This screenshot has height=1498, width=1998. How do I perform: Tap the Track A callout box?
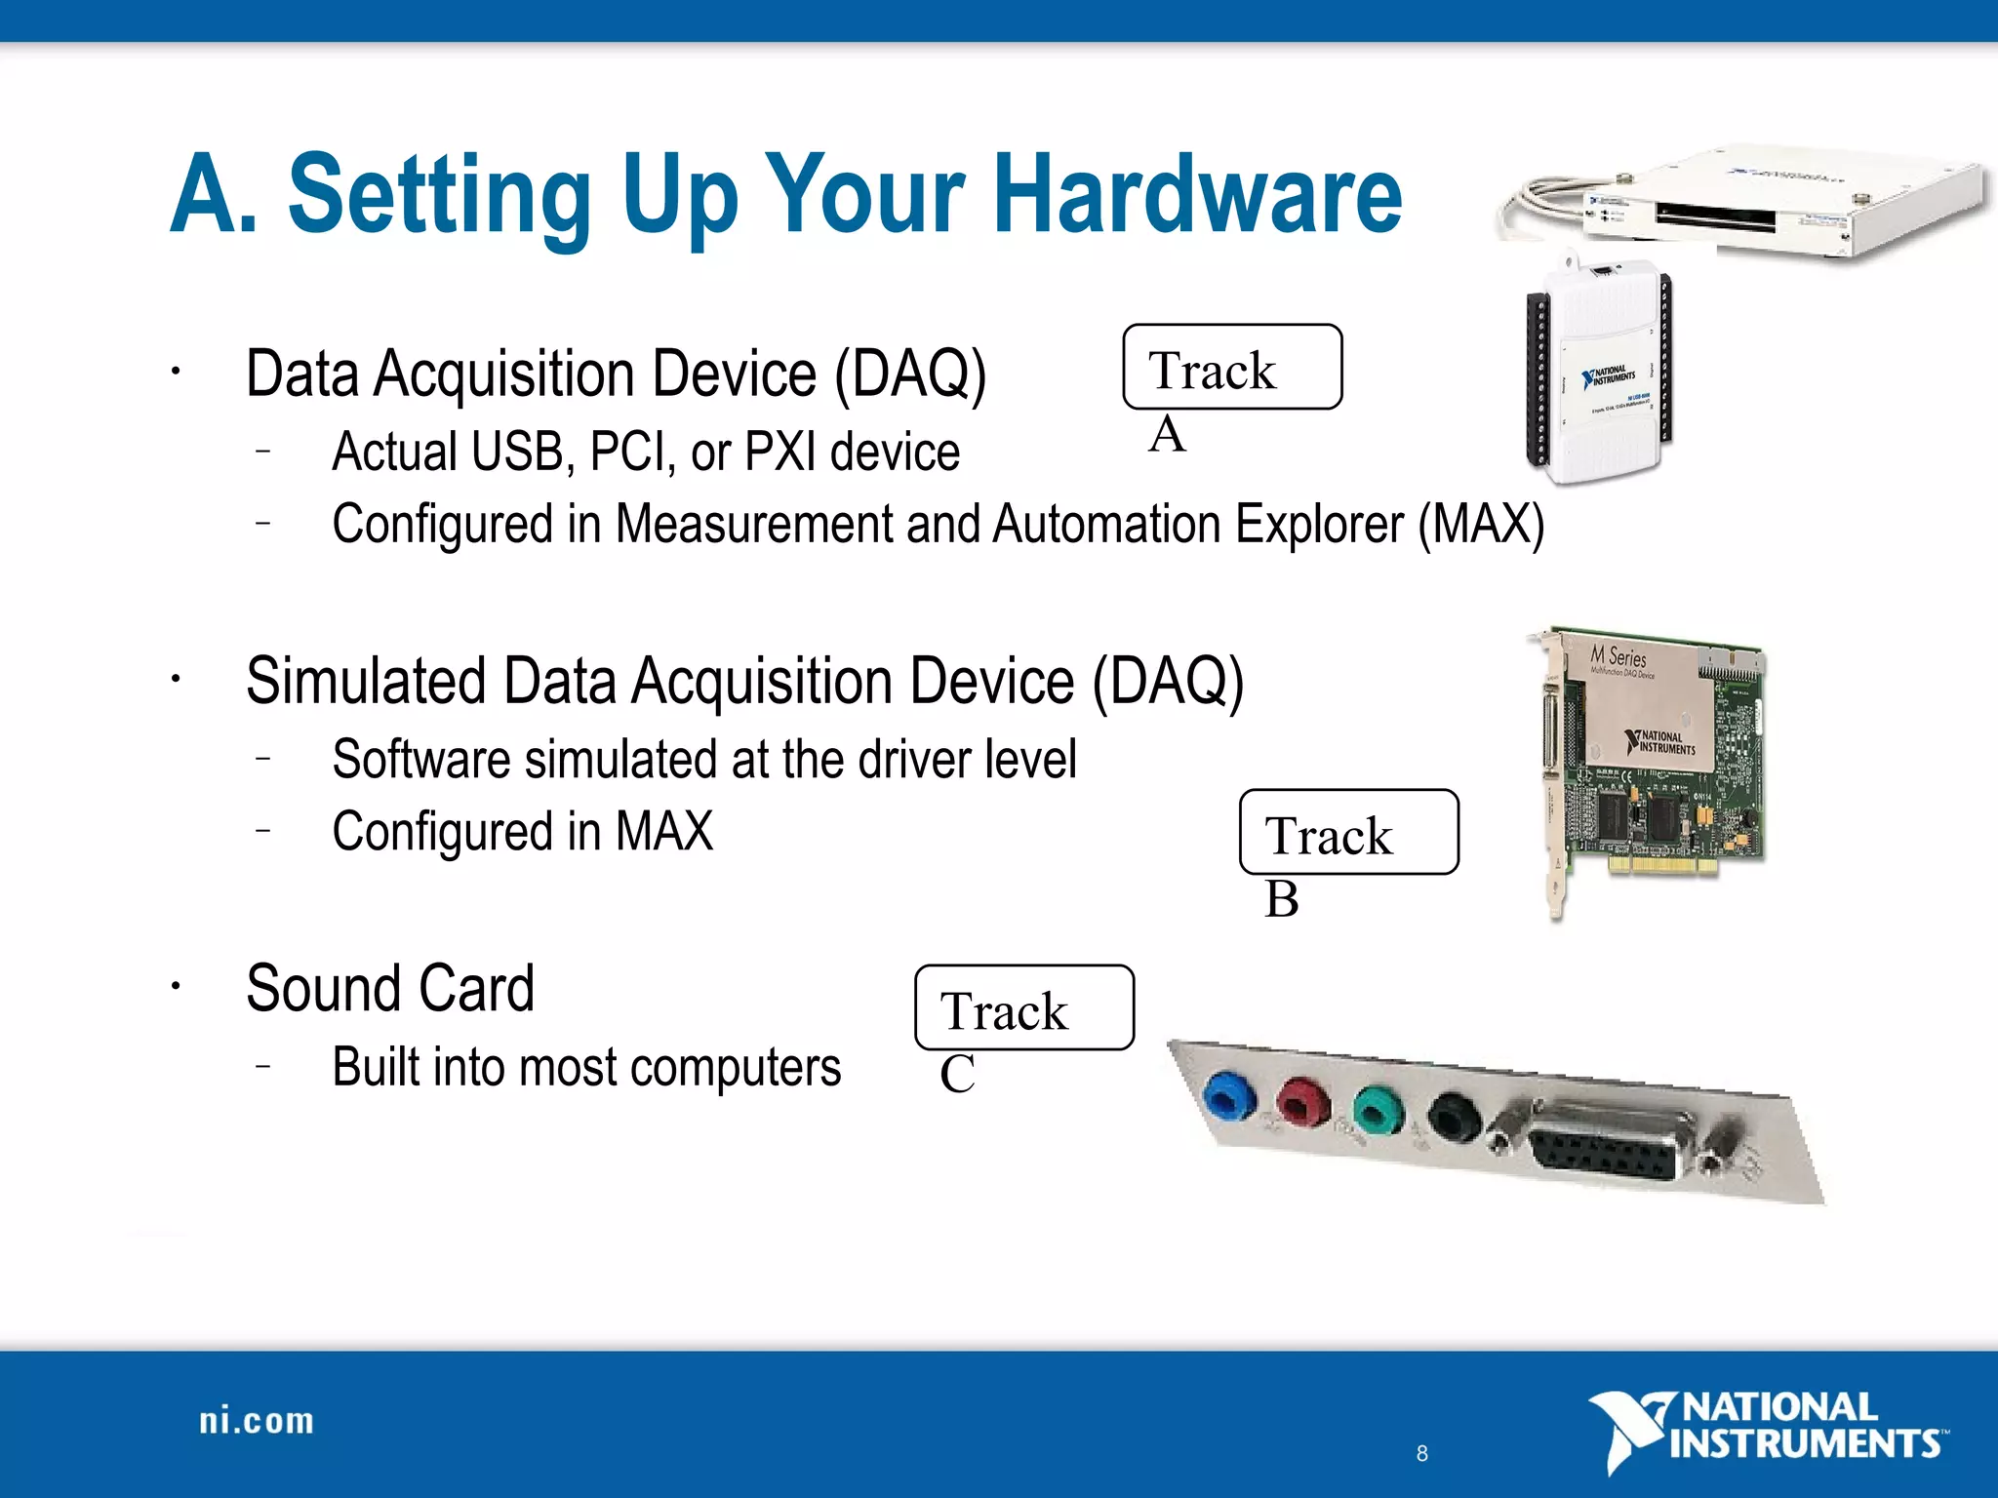coord(1232,368)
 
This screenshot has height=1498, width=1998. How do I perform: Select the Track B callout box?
coord(1348,832)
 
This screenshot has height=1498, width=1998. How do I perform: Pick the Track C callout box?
coord(1023,1007)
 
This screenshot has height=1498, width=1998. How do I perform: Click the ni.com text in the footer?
coord(257,1421)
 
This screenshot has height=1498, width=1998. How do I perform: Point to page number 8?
coord(1421,1453)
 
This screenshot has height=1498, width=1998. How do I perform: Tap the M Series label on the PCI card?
coord(1618,656)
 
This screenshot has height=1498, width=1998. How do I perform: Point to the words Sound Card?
coord(390,988)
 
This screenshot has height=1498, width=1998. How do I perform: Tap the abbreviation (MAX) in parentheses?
coord(1481,524)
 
